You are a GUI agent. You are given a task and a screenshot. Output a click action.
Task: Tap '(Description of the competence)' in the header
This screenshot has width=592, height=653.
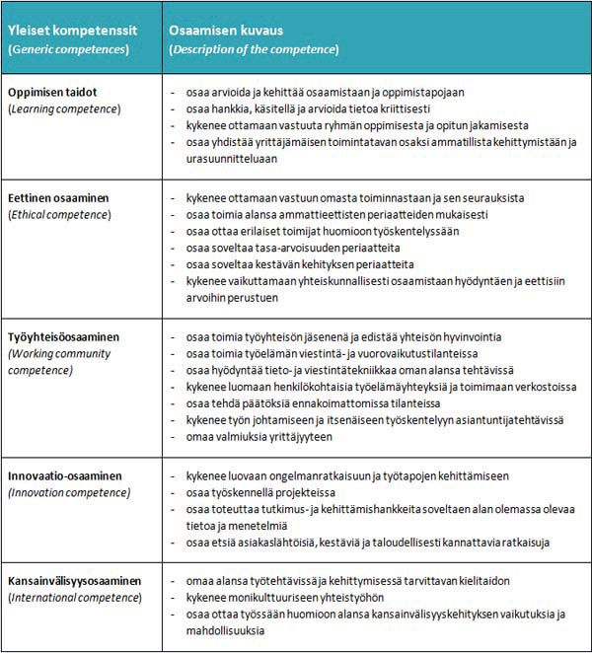(x=254, y=48)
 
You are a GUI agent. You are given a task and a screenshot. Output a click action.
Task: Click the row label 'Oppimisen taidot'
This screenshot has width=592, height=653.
(x=54, y=92)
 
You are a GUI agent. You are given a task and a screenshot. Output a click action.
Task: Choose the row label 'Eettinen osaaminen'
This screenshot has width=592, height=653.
(x=60, y=197)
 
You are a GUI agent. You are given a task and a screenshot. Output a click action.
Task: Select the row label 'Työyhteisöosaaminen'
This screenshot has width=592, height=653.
(x=67, y=336)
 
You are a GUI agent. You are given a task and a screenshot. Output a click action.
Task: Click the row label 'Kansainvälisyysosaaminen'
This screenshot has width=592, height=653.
(x=75, y=581)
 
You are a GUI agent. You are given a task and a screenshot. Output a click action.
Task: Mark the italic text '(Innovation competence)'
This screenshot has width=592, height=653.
(x=68, y=492)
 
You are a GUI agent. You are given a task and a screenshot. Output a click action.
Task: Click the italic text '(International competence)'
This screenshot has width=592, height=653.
(x=73, y=598)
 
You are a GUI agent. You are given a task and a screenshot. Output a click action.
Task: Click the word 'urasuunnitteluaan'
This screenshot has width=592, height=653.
(x=232, y=158)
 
